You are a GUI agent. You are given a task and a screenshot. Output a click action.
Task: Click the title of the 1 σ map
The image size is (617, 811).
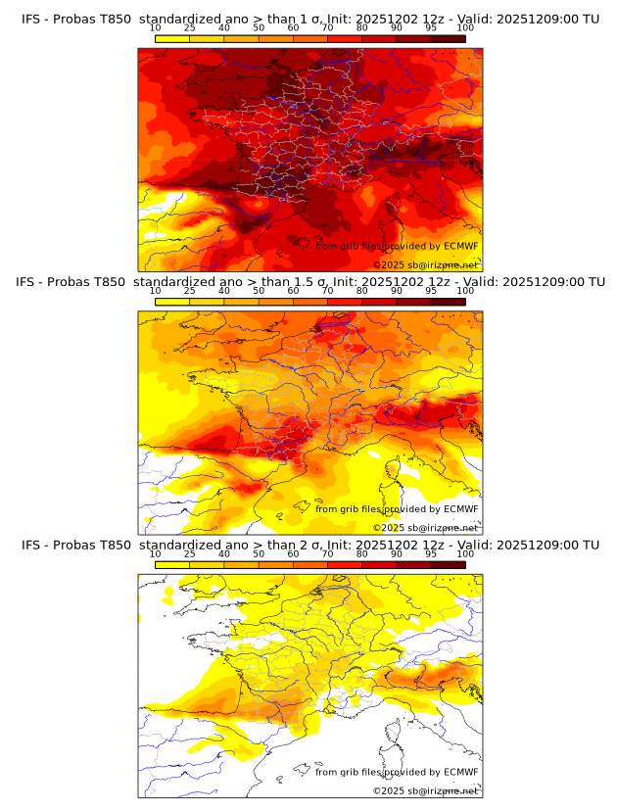click(310, 19)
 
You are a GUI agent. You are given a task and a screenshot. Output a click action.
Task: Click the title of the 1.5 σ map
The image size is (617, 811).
click(310, 281)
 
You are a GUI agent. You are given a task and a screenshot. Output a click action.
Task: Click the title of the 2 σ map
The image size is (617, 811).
click(310, 545)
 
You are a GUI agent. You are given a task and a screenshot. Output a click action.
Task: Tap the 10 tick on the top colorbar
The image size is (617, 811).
click(156, 28)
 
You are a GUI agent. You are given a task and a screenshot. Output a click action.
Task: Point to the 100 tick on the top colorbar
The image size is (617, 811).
click(465, 28)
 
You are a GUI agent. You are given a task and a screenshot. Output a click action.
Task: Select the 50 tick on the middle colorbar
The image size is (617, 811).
click(259, 291)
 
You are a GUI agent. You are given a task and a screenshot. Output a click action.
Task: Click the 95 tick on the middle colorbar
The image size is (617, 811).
click(431, 291)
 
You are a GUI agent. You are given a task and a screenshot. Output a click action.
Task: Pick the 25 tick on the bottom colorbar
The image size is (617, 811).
click(190, 554)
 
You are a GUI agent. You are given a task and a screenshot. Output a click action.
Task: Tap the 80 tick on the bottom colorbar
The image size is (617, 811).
click(362, 554)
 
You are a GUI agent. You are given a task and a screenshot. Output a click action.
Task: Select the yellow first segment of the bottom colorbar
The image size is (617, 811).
click(172, 565)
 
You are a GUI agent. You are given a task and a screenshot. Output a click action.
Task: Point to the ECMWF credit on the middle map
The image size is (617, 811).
click(397, 509)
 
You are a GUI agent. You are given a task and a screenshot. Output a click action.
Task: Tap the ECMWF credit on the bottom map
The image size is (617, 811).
click(397, 773)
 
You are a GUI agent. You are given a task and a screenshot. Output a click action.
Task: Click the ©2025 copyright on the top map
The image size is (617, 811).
click(426, 264)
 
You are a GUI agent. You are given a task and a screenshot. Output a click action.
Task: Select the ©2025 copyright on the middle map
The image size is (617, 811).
click(426, 527)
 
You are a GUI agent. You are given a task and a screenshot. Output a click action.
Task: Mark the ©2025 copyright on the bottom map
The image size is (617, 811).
click(426, 790)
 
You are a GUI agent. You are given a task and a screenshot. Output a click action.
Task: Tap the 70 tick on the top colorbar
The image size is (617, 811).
click(327, 28)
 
